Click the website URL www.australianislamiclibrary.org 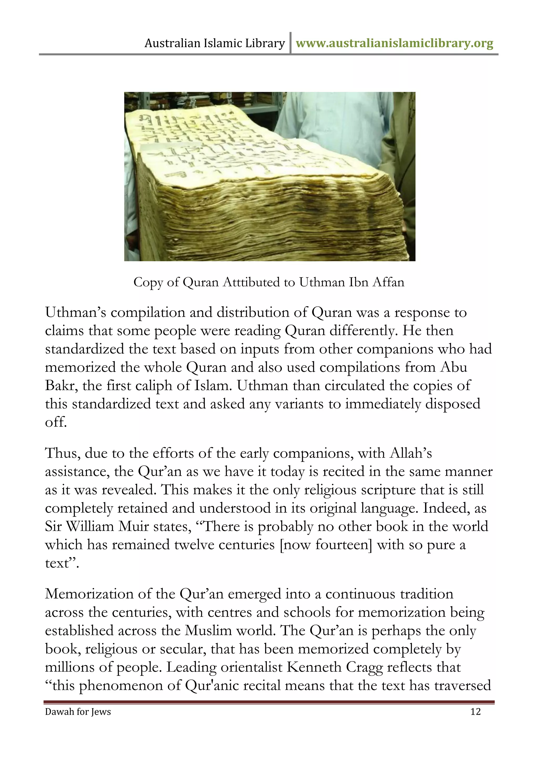[394, 43]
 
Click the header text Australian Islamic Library [215, 43]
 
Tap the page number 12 [475, 712]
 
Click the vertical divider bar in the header [290, 43]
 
